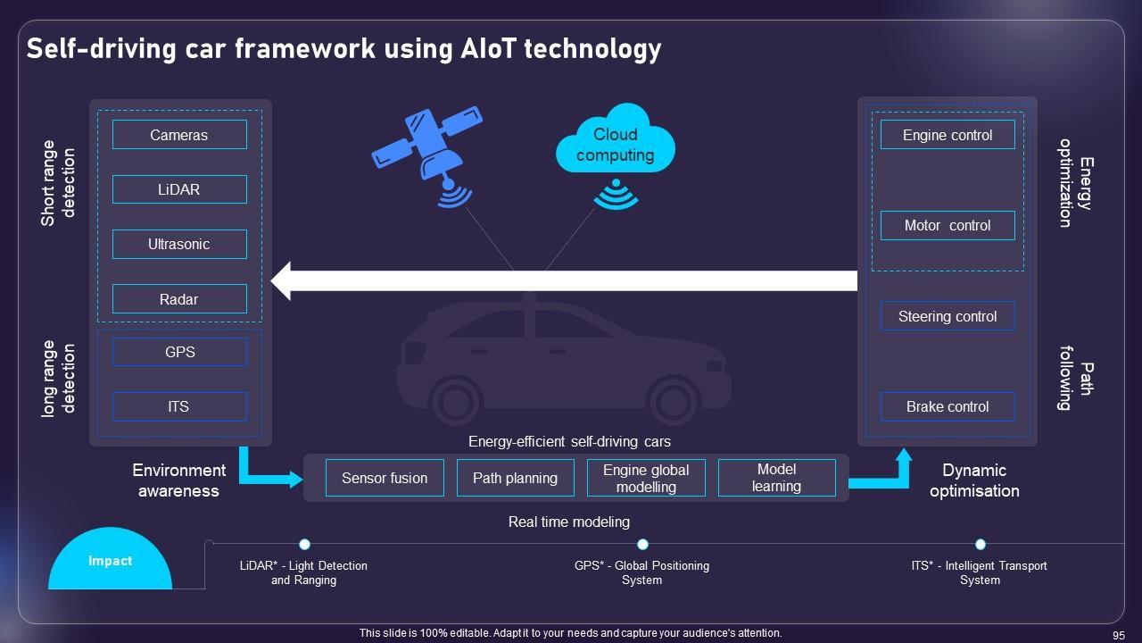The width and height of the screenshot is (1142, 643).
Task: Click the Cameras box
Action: point(179,135)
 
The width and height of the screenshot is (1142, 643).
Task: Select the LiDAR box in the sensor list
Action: point(179,189)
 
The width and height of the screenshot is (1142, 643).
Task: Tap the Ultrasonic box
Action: point(179,244)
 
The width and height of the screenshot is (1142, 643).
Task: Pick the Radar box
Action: point(179,299)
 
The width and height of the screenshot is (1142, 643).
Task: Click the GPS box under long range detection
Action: point(179,352)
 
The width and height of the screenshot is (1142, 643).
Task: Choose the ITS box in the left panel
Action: point(179,406)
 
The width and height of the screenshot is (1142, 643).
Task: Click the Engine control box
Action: point(948,135)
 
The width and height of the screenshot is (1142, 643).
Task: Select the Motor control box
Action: point(948,225)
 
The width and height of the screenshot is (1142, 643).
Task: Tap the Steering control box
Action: point(948,316)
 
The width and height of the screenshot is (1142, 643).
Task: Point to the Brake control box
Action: point(948,406)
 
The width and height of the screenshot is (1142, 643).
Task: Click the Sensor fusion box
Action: point(385,478)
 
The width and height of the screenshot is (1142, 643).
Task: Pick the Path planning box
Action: point(515,478)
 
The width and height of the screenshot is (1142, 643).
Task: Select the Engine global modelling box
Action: point(646,478)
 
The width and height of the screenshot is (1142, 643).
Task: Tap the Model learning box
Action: point(776,478)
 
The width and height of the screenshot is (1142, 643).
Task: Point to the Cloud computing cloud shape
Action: point(615,143)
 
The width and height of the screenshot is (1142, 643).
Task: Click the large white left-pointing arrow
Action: point(562,280)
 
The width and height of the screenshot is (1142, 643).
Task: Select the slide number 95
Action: point(1119,633)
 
